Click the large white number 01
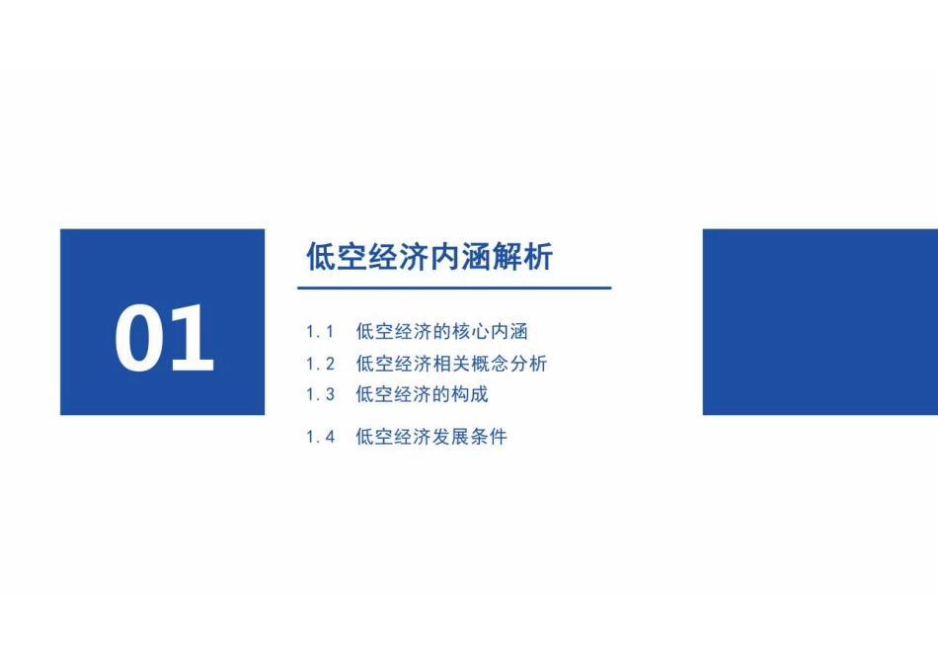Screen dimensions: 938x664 (164, 338)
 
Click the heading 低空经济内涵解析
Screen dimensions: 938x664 (430, 257)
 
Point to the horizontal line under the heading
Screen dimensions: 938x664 (454, 288)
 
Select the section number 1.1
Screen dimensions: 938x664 (320, 332)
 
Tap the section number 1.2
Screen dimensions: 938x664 (320, 364)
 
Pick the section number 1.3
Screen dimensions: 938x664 (320, 394)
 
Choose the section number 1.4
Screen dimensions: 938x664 (320, 437)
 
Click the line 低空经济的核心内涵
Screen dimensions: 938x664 (442, 332)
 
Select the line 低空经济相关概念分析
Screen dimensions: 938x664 (451, 364)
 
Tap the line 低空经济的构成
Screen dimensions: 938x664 (423, 394)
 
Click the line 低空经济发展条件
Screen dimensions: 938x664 (431, 437)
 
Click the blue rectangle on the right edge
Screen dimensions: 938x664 (821, 321)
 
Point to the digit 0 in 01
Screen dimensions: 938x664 (140, 338)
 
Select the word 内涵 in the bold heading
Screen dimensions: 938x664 (460, 257)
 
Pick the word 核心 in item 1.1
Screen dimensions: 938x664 (471, 332)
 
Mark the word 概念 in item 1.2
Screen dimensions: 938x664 (490, 364)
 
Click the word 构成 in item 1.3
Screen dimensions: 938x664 (470, 394)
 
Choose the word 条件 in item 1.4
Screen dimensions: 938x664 (489, 437)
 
